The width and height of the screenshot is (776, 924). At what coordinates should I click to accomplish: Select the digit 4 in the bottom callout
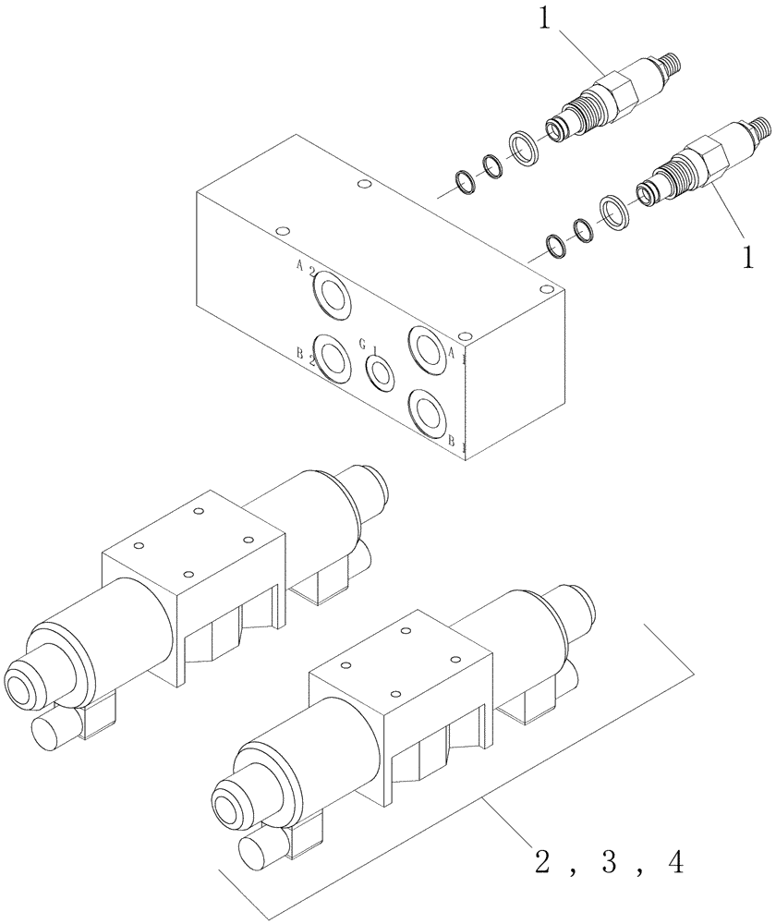[x=675, y=861]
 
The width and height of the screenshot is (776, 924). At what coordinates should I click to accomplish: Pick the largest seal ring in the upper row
[x=524, y=147]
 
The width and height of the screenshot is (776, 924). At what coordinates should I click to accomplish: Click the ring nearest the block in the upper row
[x=464, y=182]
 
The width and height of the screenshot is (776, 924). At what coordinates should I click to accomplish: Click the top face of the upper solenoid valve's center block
[x=192, y=542]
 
